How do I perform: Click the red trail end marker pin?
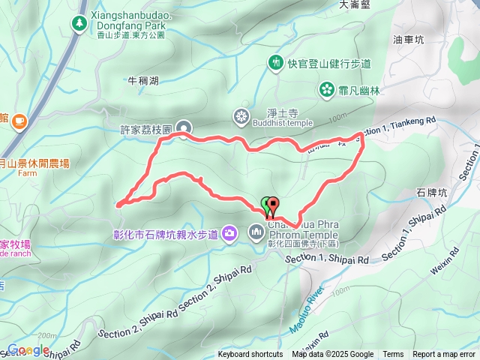[x=272, y=203]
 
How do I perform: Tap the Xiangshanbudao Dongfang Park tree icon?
[x=79, y=25]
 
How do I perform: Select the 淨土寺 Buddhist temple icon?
[x=241, y=115]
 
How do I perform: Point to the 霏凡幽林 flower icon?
[x=326, y=90]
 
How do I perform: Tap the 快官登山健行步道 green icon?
[x=276, y=62]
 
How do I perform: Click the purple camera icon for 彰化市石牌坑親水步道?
[x=229, y=234]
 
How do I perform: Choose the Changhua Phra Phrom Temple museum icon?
[x=256, y=232]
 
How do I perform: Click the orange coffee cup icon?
[x=18, y=119]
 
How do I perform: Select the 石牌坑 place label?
[x=430, y=193]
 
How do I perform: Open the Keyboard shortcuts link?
[x=250, y=355]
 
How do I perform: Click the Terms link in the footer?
[x=393, y=355]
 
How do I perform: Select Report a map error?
[x=445, y=355]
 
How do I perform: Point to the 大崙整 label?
[x=355, y=4]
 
